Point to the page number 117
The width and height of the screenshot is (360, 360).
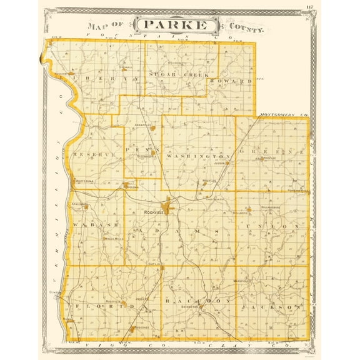coord(310,7)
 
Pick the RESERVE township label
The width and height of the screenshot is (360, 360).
coord(87,154)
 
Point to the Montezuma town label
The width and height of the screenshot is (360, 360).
coord(84,180)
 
